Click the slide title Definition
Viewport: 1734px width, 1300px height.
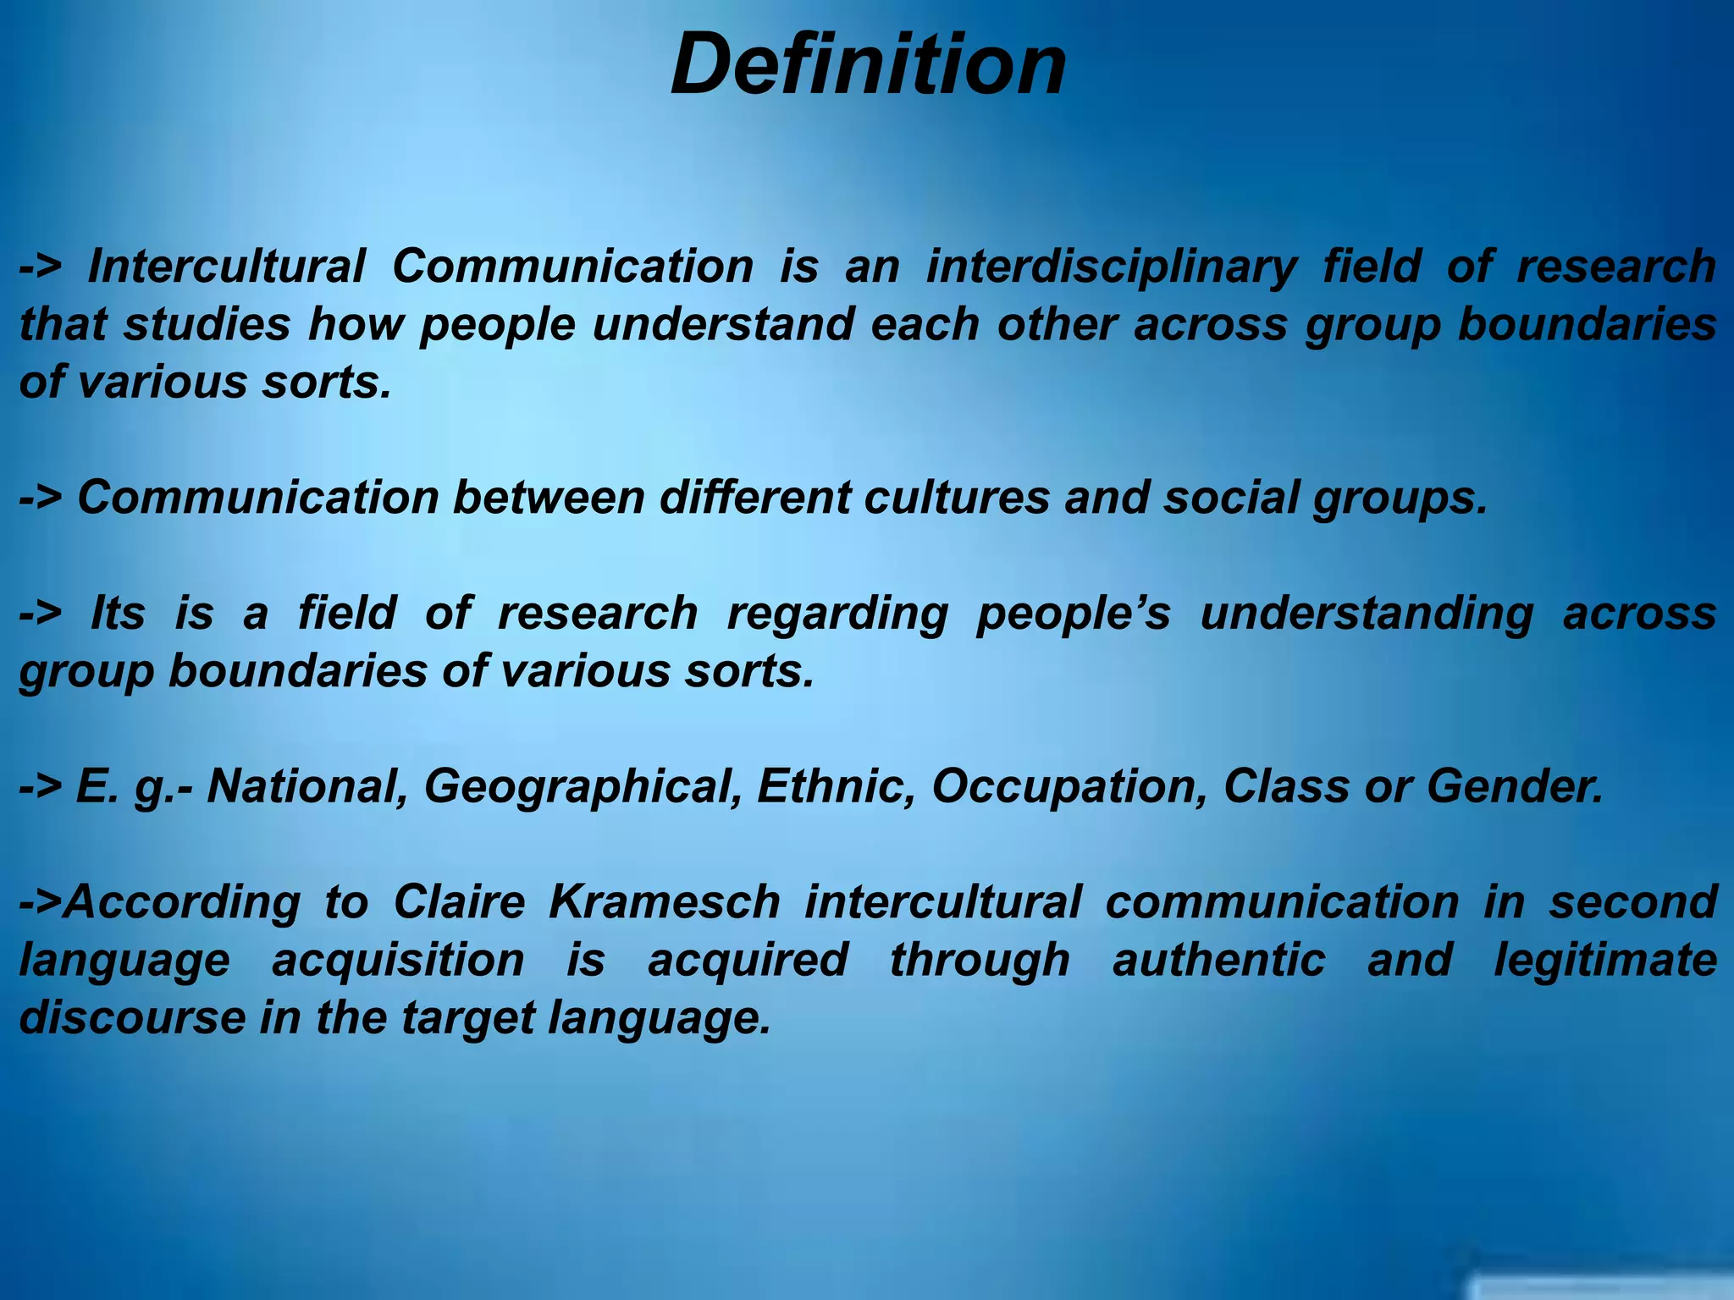868,65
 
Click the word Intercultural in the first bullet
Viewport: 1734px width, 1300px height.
226,267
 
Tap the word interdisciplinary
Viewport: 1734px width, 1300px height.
1111,268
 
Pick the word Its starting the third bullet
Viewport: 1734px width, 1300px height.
118,613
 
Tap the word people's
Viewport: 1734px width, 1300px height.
1074,614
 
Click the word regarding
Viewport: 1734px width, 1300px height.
837,614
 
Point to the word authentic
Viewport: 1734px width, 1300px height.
1218,960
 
